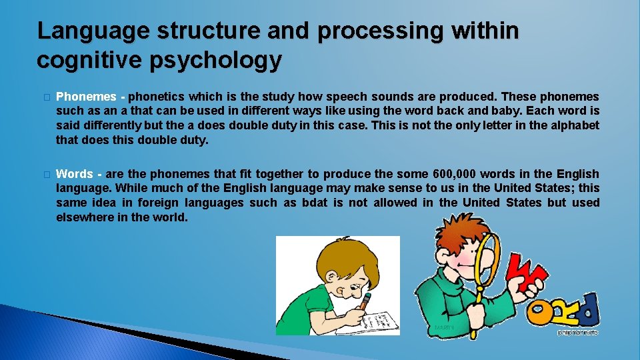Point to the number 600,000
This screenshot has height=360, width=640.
point(454,174)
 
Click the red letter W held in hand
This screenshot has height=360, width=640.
point(526,274)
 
